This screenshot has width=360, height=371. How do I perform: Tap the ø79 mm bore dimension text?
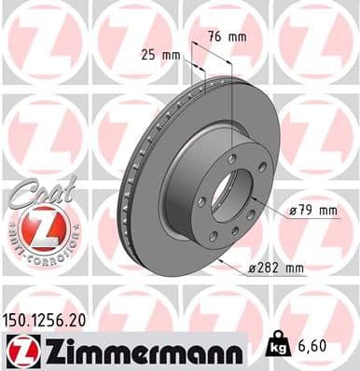pyautogui.click(x=312, y=211)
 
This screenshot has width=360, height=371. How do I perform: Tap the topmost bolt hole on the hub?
pyautogui.click(x=231, y=159)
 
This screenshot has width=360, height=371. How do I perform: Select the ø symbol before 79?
pyautogui.click(x=292, y=211)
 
